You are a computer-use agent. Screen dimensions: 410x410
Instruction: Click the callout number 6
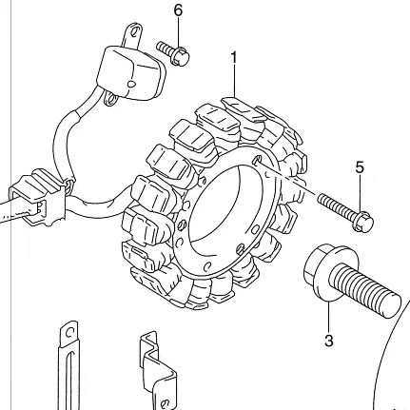179,10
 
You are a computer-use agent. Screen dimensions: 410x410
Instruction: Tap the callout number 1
234,58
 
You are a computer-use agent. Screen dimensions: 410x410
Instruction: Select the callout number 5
360,167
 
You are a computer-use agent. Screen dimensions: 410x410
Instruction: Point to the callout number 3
329,341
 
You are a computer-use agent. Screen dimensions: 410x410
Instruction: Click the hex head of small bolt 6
181,56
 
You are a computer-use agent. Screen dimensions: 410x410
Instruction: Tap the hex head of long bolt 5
363,220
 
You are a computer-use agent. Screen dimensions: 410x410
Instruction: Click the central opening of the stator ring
226,208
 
